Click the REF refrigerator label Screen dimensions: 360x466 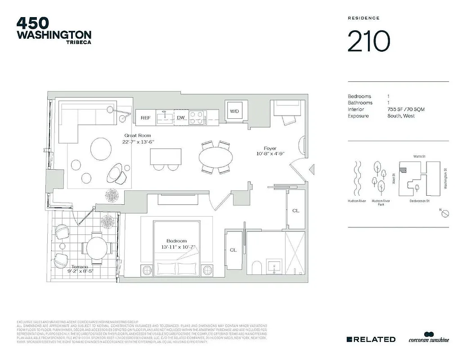(145, 118)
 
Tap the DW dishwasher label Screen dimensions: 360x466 (181, 118)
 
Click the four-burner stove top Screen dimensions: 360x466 (197, 117)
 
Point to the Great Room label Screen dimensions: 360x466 (138, 135)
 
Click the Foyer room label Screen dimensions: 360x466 (270, 148)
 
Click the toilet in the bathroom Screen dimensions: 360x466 (256, 268)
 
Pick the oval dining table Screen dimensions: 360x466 (216, 157)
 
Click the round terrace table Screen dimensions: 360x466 (97, 247)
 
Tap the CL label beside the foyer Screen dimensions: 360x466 (296, 210)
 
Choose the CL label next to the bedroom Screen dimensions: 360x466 (233, 250)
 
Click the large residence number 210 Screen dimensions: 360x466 (368, 41)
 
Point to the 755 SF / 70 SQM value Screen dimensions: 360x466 (405, 109)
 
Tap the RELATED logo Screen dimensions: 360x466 (371, 339)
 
